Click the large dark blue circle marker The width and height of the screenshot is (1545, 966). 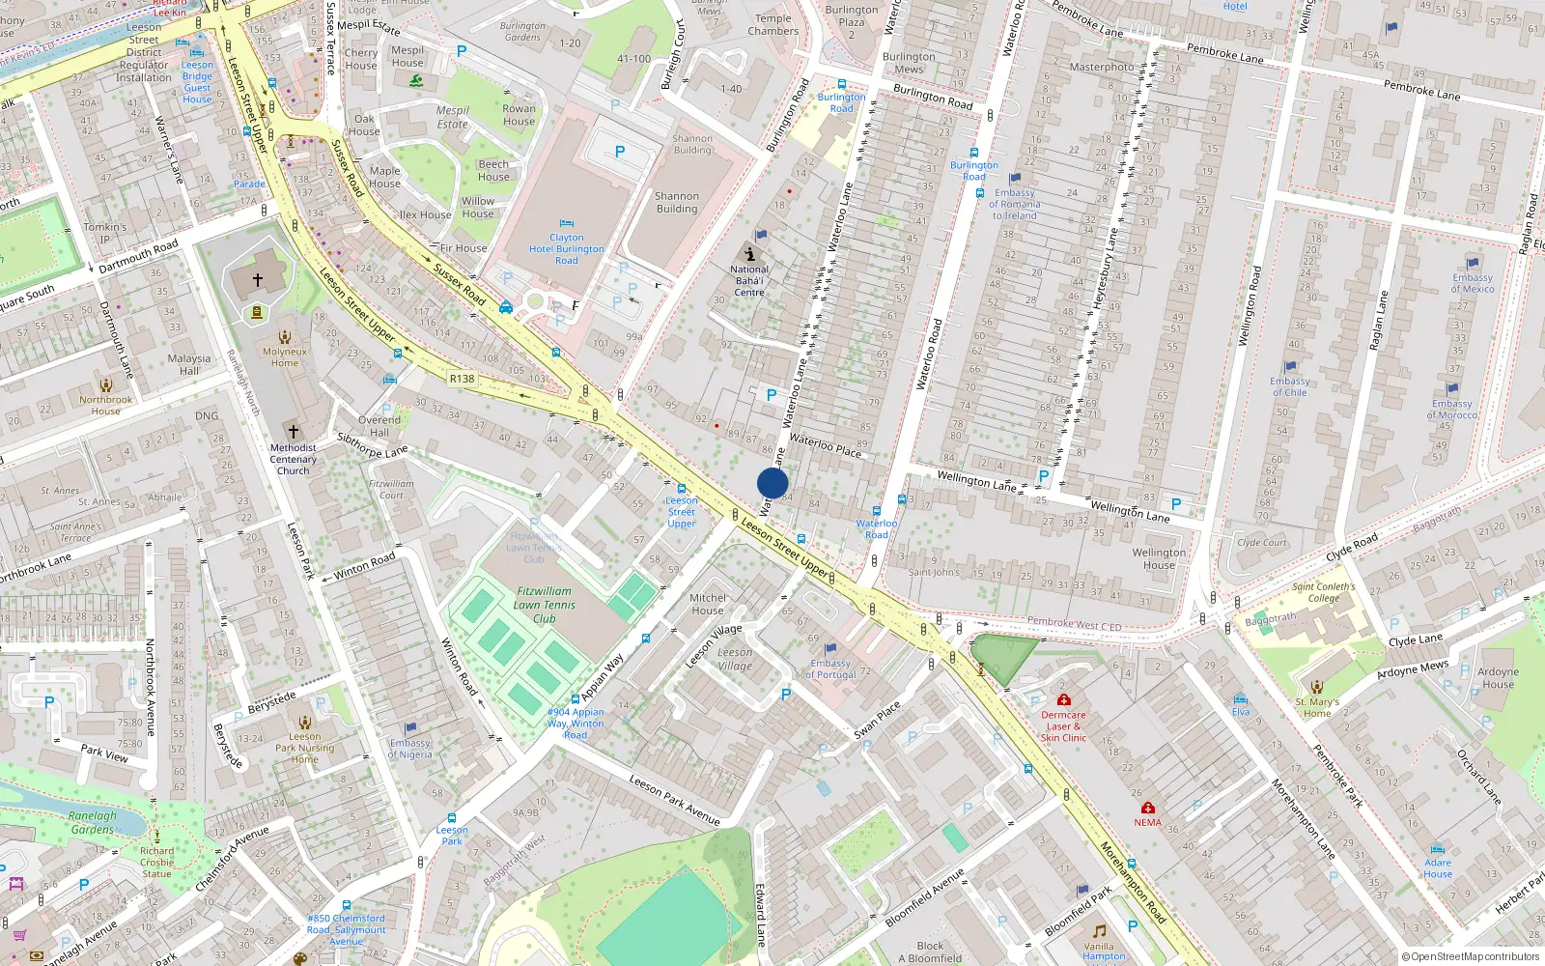772,483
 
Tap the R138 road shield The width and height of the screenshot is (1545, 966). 462,379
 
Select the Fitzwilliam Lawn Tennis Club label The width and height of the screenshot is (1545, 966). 545,605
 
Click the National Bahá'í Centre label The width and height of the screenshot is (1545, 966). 749,281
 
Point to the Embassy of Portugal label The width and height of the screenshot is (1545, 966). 830,668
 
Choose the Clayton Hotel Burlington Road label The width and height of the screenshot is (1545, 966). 567,248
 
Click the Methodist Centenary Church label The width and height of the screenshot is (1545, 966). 294,459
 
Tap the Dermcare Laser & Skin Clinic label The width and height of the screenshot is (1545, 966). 1063,726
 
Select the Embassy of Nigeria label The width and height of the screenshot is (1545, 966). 410,749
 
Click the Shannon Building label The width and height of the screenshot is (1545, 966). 677,202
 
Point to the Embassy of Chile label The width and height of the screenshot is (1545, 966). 1290,386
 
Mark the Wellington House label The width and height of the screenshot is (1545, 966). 1159,558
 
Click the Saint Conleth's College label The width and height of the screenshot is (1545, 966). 1324,592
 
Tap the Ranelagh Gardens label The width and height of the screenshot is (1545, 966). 93,822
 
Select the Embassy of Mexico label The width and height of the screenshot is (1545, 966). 1473,283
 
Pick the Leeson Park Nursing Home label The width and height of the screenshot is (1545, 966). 304,748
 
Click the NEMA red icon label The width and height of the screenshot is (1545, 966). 1148,822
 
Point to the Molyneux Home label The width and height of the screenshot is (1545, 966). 285,357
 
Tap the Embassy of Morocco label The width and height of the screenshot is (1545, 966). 1452,410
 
